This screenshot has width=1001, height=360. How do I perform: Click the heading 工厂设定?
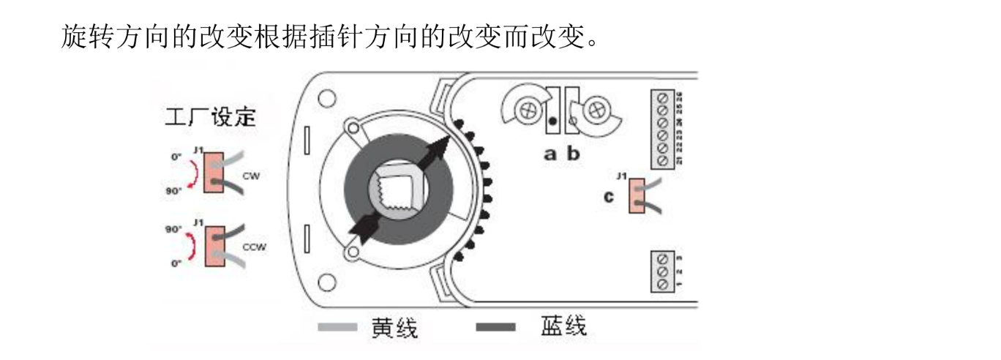tap(211, 117)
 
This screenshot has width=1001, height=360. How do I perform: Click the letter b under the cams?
tap(573, 154)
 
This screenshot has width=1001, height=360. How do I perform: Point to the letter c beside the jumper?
tap(609, 195)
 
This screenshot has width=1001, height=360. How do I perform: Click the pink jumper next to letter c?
tap(635, 195)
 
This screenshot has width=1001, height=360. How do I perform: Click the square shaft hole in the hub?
tap(397, 191)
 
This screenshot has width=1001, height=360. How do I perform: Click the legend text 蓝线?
tap(563, 326)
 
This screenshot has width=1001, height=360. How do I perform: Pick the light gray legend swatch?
tap(338, 327)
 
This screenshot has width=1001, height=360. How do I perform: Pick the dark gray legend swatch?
tap(495, 327)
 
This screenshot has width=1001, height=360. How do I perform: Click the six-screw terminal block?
tap(663, 129)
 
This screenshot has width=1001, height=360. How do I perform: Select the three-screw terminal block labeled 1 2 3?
tap(663, 271)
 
